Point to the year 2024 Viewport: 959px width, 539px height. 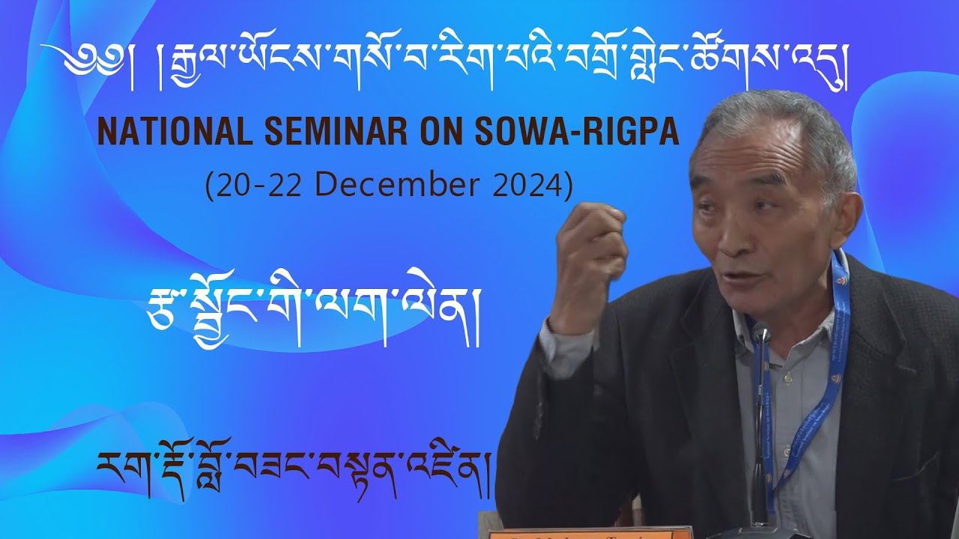point(527,185)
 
